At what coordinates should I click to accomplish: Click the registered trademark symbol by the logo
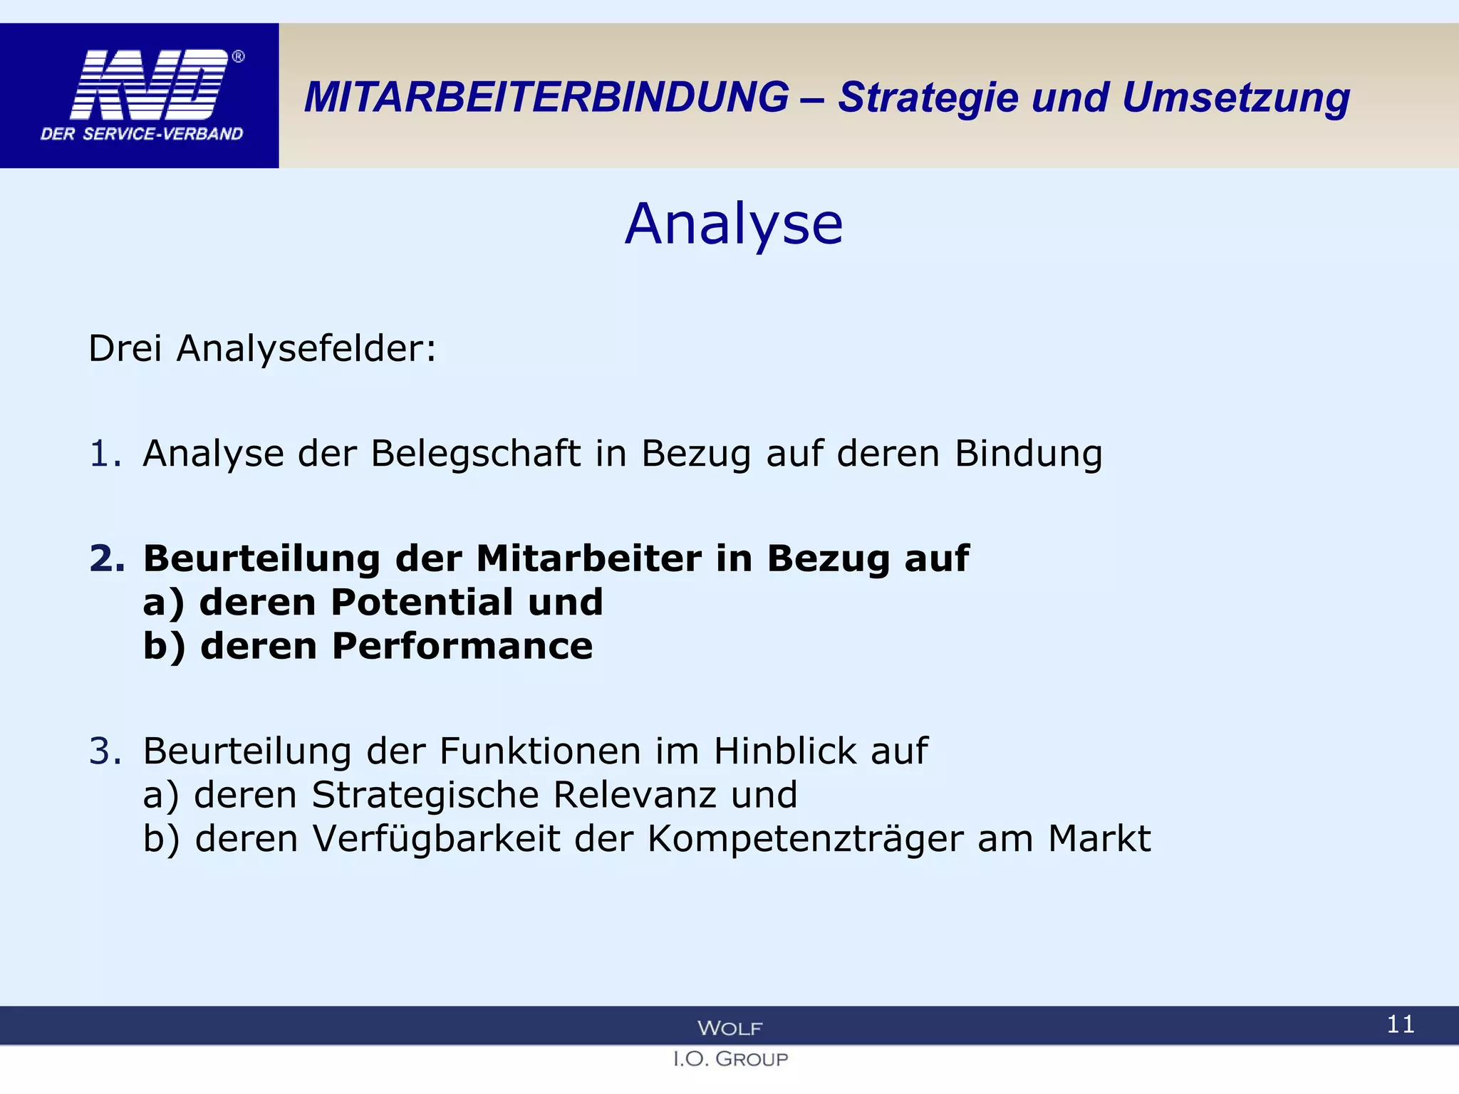(x=239, y=56)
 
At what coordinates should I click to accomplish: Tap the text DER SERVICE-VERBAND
(x=142, y=134)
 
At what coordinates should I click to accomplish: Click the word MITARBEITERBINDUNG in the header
(x=546, y=97)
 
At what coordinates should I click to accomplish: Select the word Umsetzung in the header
(x=1235, y=98)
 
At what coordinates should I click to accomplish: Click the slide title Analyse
(x=734, y=224)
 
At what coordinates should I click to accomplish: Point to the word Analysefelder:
(x=306, y=349)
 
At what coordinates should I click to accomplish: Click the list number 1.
(x=104, y=454)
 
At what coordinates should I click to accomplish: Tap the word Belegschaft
(x=475, y=454)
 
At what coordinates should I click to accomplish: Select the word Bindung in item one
(x=1028, y=454)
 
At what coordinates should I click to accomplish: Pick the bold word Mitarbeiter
(x=588, y=558)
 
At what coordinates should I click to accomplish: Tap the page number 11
(x=1400, y=1024)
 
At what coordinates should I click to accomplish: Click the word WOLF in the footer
(x=729, y=1028)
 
